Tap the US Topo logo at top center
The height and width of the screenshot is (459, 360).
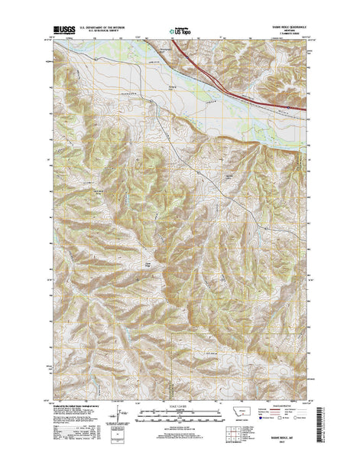point(180,32)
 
